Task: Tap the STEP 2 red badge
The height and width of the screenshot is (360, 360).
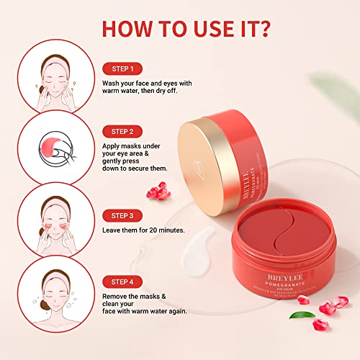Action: [x=124, y=131]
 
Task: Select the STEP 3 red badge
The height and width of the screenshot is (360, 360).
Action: [x=124, y=215]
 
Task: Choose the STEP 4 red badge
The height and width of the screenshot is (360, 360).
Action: [x=124, y=278]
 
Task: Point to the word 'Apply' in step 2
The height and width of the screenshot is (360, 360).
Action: [x=114, y=146]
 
